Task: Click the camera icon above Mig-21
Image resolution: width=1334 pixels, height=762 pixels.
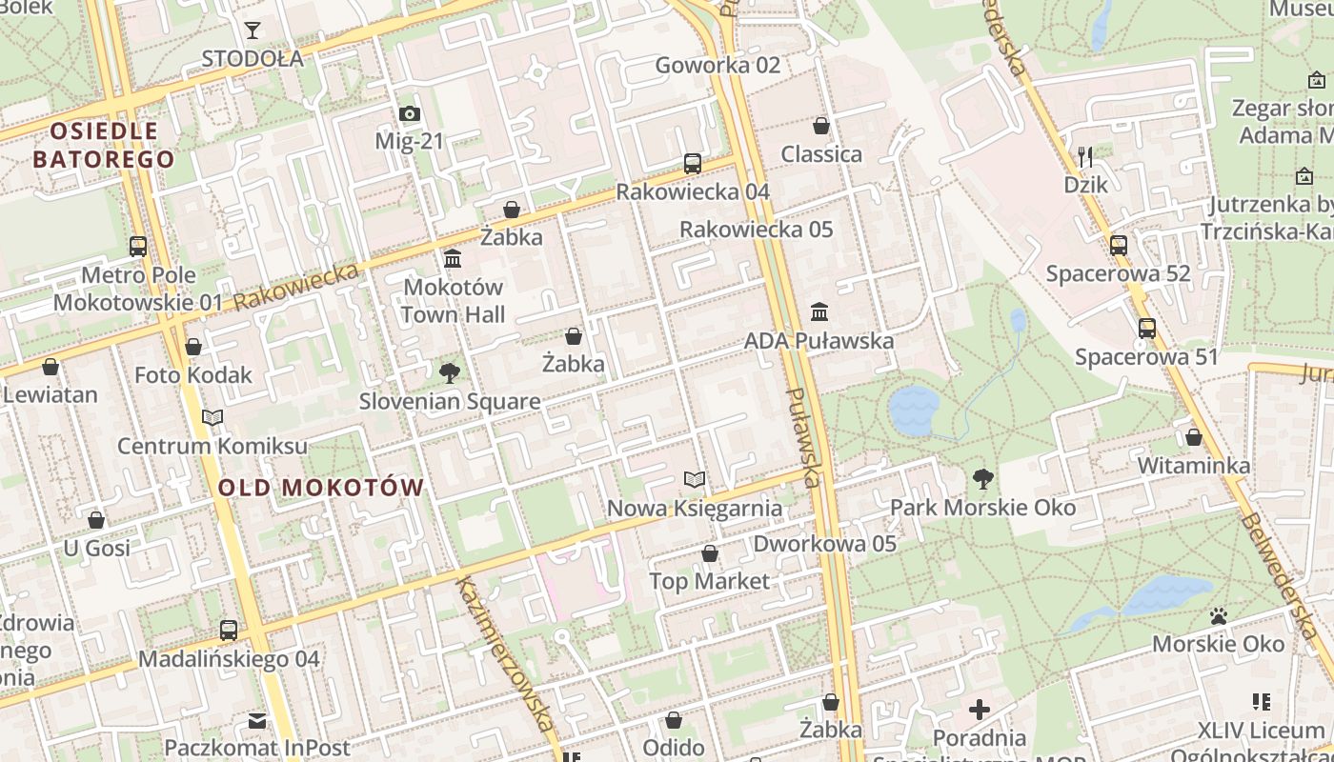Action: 410,114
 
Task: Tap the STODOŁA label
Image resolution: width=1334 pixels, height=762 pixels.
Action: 253,59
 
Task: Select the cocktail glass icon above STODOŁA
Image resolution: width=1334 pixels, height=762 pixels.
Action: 253,30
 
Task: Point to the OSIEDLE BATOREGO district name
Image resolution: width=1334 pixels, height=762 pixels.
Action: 104,145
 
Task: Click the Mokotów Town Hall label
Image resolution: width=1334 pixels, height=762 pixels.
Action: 453,300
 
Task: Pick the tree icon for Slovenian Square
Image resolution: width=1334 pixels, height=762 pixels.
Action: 449,373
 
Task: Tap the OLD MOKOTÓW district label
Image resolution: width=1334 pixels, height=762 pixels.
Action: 321,488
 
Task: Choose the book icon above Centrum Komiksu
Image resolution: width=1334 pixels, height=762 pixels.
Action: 212,418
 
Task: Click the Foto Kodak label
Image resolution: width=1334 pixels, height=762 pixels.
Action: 193,374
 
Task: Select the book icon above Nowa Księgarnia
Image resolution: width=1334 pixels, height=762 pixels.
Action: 696,479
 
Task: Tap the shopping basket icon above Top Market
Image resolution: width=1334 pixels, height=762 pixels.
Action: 710,553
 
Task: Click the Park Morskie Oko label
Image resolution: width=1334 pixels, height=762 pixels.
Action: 982,508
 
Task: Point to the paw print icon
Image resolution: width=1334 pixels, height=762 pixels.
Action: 1218,616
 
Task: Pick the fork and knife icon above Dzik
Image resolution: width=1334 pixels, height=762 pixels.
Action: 1085,156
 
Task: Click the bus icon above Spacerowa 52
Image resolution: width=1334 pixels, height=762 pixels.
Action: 1119,246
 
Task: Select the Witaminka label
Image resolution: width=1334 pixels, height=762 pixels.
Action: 1194,466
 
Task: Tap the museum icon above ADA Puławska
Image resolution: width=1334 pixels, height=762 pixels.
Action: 819,312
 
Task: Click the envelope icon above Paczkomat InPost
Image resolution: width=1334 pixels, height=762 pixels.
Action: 257,720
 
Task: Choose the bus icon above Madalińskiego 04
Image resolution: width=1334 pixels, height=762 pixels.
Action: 229,631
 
